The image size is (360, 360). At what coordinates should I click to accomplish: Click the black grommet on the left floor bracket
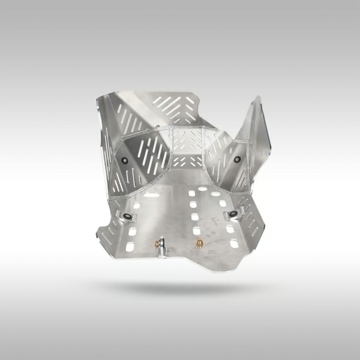127,215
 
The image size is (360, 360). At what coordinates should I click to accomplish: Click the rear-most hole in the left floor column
130,247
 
